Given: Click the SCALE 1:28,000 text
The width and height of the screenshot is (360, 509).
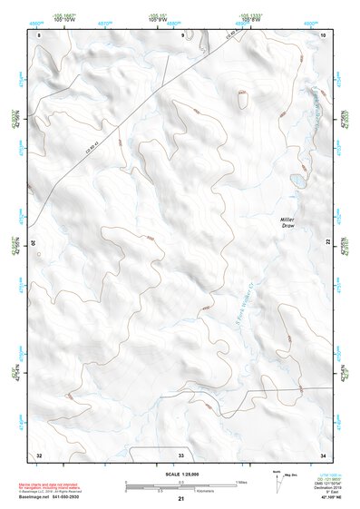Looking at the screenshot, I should pos(180,474).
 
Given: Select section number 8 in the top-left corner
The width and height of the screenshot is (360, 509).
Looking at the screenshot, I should pos(40,34).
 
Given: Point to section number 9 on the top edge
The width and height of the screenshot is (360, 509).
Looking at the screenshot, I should pos(183,34).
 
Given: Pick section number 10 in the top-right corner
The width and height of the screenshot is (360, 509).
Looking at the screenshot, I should pos(323,34).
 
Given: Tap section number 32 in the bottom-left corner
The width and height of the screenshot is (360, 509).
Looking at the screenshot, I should pos(39,453).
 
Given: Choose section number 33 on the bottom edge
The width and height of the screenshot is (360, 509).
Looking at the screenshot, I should pos(180,453).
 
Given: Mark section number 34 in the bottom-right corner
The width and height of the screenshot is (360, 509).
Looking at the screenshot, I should pos(323,453).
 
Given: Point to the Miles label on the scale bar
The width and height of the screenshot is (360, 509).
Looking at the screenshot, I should pos(242,481).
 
